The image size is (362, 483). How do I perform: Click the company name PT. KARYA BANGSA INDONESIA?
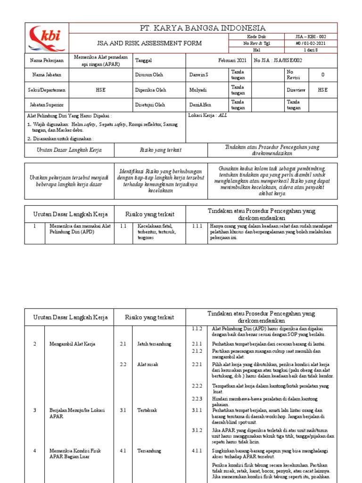tap(203, 28)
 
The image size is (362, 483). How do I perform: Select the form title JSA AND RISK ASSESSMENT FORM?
tap(149, 43)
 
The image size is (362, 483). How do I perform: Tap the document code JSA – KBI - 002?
tap(310, 36)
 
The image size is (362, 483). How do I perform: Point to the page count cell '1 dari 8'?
tap(310, 50)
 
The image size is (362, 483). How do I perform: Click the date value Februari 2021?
tap(232, 60)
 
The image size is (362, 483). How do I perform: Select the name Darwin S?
tap(198, 75)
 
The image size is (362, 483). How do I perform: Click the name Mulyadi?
tap(197, 90)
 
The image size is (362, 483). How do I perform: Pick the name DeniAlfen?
tap(200, 105)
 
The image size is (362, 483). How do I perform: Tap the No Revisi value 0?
tap(322, 75)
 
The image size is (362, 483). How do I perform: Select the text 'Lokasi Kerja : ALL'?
tap(207, 116)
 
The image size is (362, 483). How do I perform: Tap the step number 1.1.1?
tap(197, 226)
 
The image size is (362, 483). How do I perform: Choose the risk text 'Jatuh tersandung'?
tap(154, 344)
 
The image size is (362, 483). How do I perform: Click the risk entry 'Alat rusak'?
tap(148, 365)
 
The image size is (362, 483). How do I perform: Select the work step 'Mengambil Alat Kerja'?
tap(72, 344)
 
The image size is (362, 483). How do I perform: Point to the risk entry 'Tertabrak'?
tap(147, 410)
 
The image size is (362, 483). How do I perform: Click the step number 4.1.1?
tap(197, 450)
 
